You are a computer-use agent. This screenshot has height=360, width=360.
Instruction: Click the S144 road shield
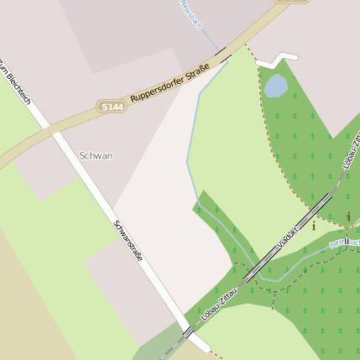pyautogui.click(x=112, y=107)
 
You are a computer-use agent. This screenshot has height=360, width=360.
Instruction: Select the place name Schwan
pyautogui.click(x=96, y=155)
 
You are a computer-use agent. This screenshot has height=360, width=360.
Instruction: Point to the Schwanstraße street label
pyautogui.click(x=128, y=240)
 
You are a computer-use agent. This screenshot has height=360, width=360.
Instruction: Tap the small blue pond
pyautogui.click(x=275, y=85)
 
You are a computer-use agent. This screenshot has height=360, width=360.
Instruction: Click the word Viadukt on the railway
pyautogui.click(x=290, y=237)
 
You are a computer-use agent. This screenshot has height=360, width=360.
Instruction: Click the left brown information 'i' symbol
pyautogui.click(x=314, y=225)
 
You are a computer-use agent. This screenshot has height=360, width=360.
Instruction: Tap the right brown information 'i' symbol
pyautogui.click(x=348, y=217)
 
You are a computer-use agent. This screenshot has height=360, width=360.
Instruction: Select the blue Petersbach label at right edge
pyautogui.click(x=346, y=243)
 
